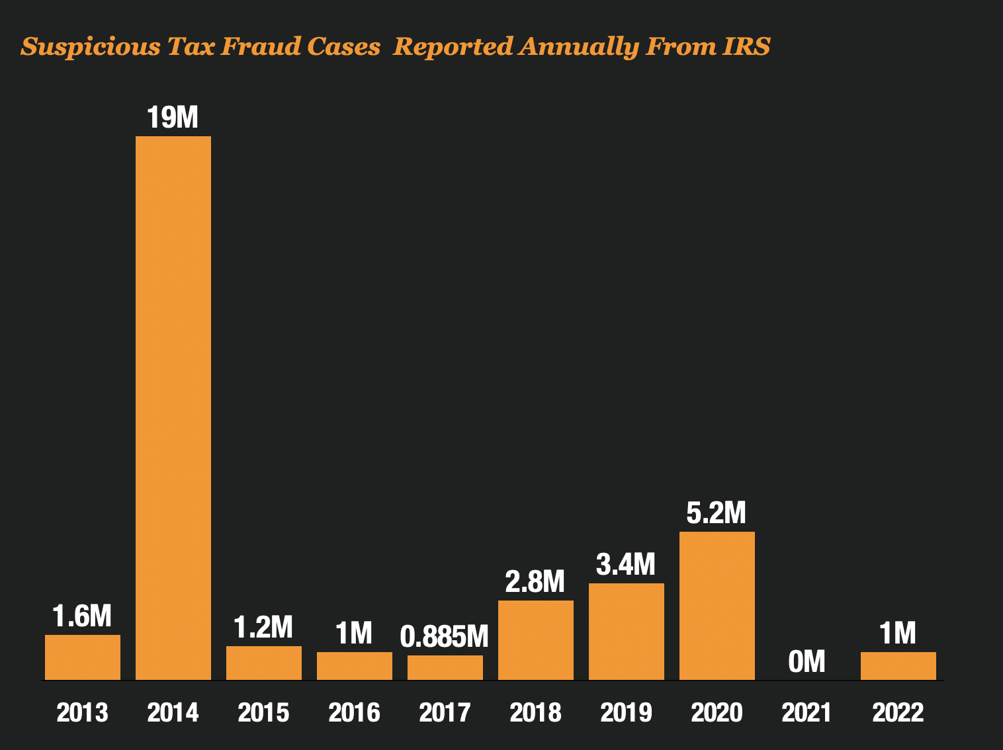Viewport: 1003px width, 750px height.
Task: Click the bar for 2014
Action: (x=173, y=407)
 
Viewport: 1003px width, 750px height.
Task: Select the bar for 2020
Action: (x=717, y=605)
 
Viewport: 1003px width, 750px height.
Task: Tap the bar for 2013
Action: (x=83, y=657)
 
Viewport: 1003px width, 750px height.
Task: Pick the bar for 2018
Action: (x=536, y=640)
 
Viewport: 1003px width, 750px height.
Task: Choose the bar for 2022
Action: (x=898, y=665)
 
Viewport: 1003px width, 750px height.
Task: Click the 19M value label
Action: (x=173, y=118)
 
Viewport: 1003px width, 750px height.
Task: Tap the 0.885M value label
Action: (x=445, y=637)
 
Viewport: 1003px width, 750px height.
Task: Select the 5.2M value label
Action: (x=717, y=513)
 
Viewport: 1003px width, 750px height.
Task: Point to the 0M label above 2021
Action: (x=807, y=661)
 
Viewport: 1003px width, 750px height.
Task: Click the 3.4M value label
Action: (x=626, y=565)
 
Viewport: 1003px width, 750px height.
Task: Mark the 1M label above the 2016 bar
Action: (x=354, y=634)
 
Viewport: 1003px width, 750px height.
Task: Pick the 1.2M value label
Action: (x=263, y=628)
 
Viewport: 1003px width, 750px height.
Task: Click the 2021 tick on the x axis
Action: (x=807, y=713)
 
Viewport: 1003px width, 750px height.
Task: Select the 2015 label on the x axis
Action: (x=263, y=713)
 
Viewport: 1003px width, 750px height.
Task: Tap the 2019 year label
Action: (x=626, y=713)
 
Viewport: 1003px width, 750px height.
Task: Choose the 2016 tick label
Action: (x=354, y=713)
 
